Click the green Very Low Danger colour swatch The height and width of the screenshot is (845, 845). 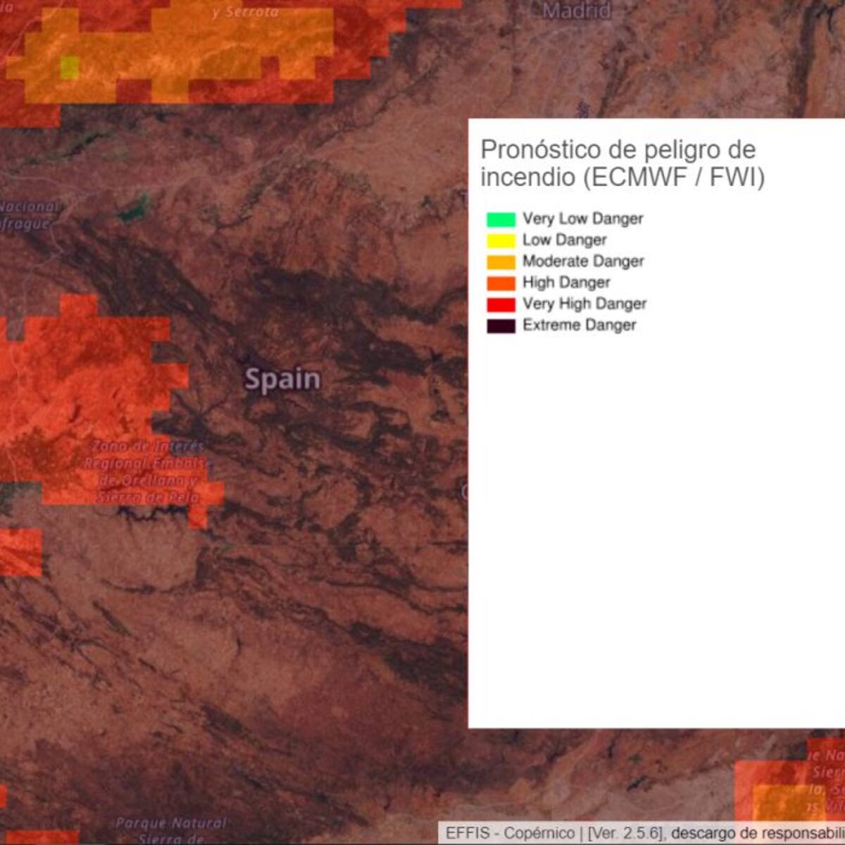501,219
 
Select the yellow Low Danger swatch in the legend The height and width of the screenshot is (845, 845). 501,240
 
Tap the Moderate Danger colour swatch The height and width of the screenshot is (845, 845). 501,261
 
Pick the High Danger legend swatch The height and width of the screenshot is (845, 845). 501,283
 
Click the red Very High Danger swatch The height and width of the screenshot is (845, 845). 501,304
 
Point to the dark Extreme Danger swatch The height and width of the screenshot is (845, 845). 501,325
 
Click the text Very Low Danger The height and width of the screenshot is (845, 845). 582,219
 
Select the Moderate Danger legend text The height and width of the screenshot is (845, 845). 583,261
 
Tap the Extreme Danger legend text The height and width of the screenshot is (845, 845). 579,325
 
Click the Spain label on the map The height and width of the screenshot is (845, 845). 282,380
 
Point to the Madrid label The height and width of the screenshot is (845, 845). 576,11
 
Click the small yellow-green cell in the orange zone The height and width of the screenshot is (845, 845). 69,68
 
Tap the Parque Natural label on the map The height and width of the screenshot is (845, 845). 171,822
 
